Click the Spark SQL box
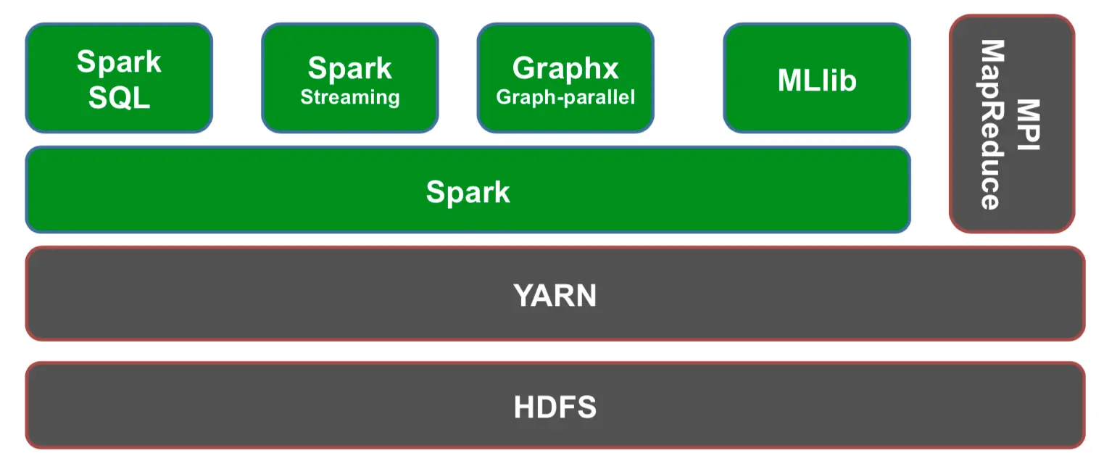(x=120, y=78)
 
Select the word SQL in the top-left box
(x=120, y=98)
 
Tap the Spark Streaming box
(x=350, y=78)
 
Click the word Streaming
(x=350, y=98)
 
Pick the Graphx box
(x=566, y=78)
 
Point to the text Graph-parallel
(x=566, y=97)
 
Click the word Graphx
(x=565, y=68)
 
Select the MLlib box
(x=817, y=78)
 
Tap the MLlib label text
(x=817, y=80)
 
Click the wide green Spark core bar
(x=468, y=190)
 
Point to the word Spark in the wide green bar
(x=468, y=192)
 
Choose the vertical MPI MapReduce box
(x=1012, y=124)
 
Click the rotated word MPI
(x=1029, y=125)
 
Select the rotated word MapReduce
(x=992, y=125)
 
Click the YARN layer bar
(x=555, y=294)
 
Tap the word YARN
(x=555, y=296)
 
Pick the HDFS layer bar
(x=555, y=405)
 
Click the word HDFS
(x=555, y=407)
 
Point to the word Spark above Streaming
(x=350, y=68)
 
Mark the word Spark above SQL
(x=119, y=62)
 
